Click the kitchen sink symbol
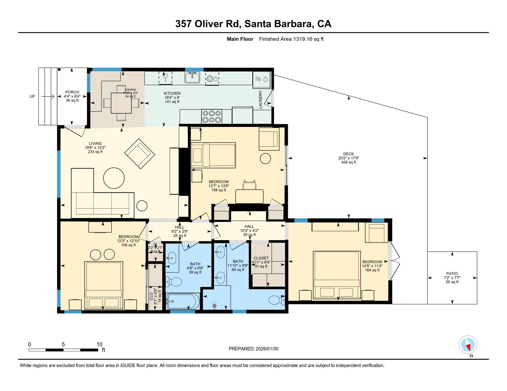(192, 77)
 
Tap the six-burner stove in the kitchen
(211, 117)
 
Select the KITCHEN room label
(172, 93)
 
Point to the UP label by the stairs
(32, 96)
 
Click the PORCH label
(72, 92)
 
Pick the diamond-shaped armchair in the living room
(140, 154)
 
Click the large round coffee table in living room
(114, 178)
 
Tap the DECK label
(348, 154)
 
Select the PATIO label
(452, 274)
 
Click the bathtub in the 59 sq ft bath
(183, 301)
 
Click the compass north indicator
(468, 345)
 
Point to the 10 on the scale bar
(99, 344)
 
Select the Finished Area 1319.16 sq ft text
(291, 39)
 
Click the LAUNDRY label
(260, 100)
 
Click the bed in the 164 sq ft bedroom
(337, 275)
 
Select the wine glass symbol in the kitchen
(165, 77)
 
